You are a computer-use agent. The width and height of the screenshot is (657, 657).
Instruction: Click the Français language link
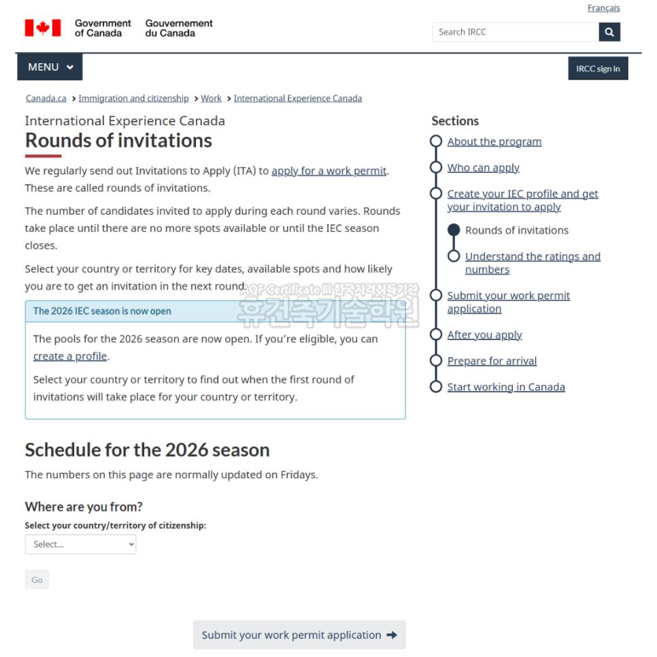[603, 8]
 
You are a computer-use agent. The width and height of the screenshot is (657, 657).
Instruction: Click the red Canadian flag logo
[43, 28]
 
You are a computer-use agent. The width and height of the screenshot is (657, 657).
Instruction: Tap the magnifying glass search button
[609, 32]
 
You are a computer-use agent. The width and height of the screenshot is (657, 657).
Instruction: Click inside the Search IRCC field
[516, 32]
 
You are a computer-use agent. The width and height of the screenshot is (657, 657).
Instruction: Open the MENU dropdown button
[50, 67]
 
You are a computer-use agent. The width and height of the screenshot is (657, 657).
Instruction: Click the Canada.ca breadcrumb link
[46, 99]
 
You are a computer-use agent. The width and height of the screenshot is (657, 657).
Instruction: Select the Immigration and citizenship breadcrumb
[133, 99]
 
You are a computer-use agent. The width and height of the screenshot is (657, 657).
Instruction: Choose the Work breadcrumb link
[211, 99]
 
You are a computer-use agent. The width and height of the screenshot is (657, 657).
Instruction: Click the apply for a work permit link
[328, 171]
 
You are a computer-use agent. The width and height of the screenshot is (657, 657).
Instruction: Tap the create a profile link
[70, 356]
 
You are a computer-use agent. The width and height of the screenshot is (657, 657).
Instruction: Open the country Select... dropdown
[80, 544]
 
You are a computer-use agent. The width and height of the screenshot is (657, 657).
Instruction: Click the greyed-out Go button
[37, 579]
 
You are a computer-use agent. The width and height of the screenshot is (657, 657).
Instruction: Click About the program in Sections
[494, 141]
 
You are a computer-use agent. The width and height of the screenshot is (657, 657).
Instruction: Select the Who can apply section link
[483, 167]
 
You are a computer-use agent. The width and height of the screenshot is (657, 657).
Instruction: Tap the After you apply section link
[484, 335]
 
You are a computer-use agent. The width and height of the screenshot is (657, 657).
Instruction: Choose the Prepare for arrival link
[492, 360]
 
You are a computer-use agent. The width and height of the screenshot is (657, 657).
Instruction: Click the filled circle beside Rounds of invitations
[454, 230]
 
